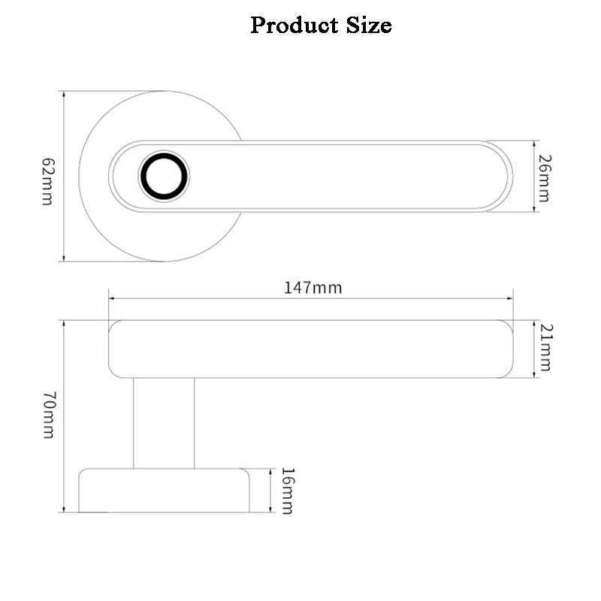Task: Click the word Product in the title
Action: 290,26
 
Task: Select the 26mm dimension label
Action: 545,177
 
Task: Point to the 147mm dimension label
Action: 313,287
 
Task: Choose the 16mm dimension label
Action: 286,491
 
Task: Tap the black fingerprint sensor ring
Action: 163,177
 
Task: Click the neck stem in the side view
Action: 164,422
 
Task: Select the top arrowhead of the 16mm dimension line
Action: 270,472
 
